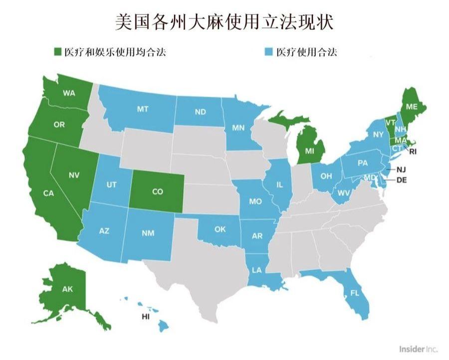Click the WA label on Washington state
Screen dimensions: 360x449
point(69,93)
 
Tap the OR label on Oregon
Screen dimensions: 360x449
point(59,125)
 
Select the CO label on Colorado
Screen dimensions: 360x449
point(157,191)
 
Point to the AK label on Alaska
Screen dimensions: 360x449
point(67,289)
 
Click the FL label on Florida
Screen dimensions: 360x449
point(355,293)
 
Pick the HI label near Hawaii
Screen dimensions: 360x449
point(146,317)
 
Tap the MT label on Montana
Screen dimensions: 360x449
point(143,109)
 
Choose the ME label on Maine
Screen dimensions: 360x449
point(412,106)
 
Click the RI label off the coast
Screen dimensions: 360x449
point(413,150)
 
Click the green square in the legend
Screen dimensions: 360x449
point(58,52)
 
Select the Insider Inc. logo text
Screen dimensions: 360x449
point(418,349)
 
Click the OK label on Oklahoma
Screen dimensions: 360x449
point(220,229)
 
